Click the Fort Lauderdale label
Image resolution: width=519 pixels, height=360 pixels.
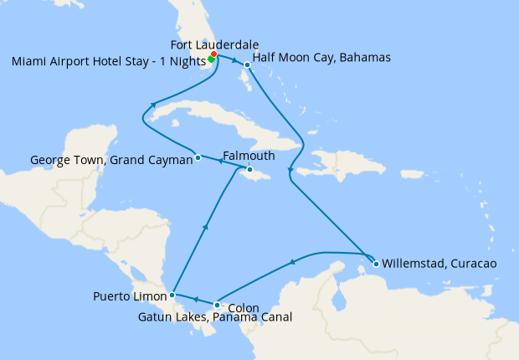[x=214, y=44]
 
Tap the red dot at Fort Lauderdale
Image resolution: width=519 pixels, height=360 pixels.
[x=214, y=54]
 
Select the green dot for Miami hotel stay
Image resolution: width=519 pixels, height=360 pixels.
[x=211, y=59]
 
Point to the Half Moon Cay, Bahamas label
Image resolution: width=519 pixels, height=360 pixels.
[x=321, y=58]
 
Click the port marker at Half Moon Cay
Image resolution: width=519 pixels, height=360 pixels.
[x=247, y=64]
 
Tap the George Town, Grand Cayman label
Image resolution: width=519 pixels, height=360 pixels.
[x=111, y=159]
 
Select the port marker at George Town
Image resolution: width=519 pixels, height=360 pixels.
[x=198, y=157]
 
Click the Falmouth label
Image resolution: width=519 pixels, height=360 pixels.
[x=249, y=156]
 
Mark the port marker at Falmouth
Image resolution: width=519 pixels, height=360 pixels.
[x=249, y=170]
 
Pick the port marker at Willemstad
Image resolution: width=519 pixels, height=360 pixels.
[x=376, y=264]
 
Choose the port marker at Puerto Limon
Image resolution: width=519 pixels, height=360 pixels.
[x=172, y=295]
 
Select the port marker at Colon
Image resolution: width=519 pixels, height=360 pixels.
[x=217, y=305]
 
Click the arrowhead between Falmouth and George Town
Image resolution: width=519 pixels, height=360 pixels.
[x=220, y=162]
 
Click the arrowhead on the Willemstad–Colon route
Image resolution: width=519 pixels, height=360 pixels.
[x=292, y=263]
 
